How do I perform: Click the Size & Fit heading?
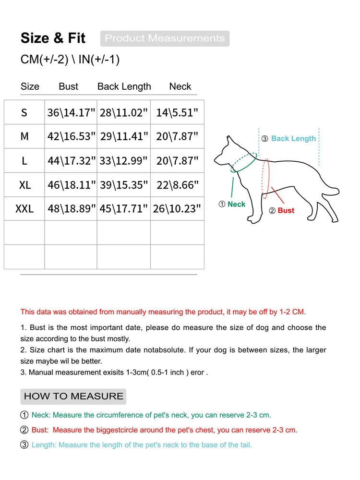pos(53,38)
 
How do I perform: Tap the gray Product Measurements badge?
pos(165,38)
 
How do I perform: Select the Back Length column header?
pos(124,86)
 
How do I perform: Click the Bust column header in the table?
pos(68,86)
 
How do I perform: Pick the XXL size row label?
pos(24,209)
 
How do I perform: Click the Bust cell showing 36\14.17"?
pos(71,113)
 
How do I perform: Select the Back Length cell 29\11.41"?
pos(124,137)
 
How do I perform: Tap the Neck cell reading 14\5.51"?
pos(177,113)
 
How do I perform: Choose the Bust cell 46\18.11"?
pos(71,185)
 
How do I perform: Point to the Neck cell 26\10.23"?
pos(177,209)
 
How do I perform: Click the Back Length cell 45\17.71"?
pos(124,209)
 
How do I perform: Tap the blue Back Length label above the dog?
pos(293,139)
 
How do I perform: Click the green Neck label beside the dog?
pos(236,204)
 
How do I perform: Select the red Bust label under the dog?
pos(286,211)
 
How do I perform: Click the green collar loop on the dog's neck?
pos(243,163)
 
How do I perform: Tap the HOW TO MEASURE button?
pos(73,396)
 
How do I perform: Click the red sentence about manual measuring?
pos(163,312)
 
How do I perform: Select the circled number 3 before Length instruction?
pos(24,445)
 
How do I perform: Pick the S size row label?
pos(24,113)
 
